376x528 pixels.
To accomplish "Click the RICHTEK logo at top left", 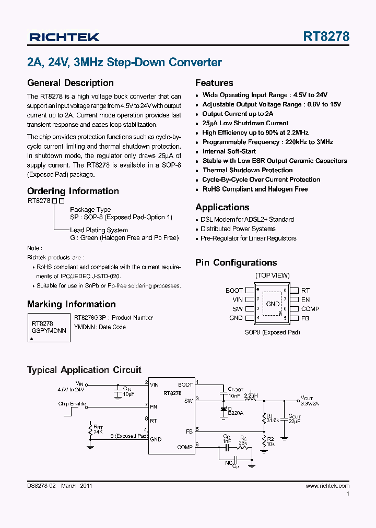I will click(64, 37).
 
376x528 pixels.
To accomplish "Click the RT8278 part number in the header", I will click(326, 37).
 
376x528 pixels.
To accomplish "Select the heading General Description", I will click(70, 83).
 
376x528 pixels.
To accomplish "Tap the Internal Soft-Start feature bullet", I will click(229, 151).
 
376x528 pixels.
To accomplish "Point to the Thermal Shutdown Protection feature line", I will click(248, 170).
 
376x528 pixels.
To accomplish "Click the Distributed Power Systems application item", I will click(238, 229).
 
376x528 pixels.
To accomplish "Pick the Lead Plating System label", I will click(99, 230).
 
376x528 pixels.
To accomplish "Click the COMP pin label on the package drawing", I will click(310, 309).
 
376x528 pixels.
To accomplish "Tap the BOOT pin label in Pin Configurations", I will click(234, 291).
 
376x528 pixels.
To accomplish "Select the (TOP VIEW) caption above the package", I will click(272, 275).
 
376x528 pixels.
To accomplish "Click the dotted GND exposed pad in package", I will click(273, 304).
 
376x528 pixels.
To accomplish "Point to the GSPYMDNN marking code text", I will click(49, 331).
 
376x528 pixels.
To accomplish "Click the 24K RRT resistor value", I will click(98, 431).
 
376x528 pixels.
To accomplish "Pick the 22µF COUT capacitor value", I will click(295, 422).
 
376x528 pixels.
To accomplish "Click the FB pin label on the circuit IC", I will click(189, 431).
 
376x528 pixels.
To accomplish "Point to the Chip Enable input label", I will click(72, 404).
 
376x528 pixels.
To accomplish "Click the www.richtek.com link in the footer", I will click(327, 486).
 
